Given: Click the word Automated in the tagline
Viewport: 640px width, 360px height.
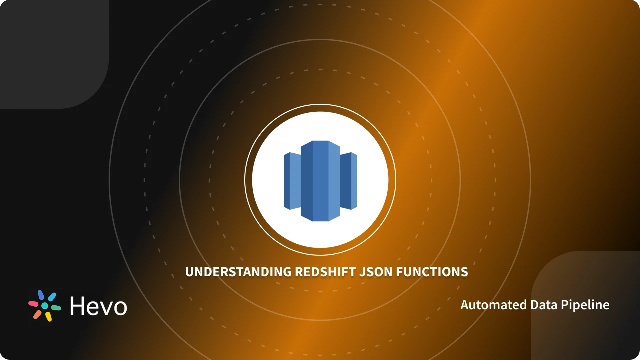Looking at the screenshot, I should tap(487, 305).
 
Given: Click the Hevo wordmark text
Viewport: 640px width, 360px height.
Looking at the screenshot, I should tap(99, 306).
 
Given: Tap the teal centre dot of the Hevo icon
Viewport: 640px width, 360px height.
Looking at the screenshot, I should tap(45, 306).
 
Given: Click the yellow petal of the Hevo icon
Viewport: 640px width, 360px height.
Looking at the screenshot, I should tap(48, 316).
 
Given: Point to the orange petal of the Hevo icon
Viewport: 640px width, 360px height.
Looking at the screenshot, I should tap(37, 314).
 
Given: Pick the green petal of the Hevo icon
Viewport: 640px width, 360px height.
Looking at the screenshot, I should tap(56, 308).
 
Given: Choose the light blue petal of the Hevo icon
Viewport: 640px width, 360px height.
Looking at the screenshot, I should tap(52, 297).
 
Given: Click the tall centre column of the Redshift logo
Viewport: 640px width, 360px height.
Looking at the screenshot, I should tap(320, 181).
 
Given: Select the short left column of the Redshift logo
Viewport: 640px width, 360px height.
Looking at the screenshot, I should tap(292, 181).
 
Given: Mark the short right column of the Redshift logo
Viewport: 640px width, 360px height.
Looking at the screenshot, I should tap(348, 181).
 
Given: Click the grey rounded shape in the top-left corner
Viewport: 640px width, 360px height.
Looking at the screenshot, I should tap(50, 50).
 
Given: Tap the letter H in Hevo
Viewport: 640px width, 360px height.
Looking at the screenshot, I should tap(78, 306).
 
